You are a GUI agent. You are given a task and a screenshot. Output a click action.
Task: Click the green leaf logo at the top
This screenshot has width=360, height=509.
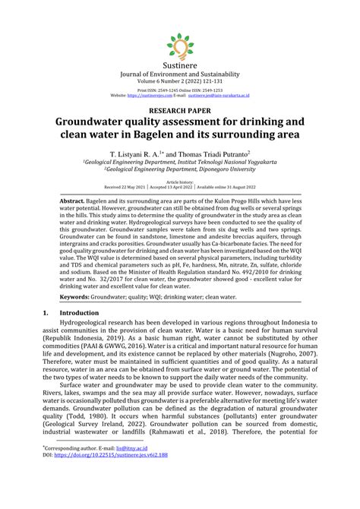(x=180, y=46)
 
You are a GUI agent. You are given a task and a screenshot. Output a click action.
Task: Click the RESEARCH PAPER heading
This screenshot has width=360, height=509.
(x=180, y=110)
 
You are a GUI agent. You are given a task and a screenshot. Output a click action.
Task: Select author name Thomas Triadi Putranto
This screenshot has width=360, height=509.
(x=226, y=153)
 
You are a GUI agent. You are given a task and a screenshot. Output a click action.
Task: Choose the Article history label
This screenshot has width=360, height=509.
(x=180, y=182)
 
